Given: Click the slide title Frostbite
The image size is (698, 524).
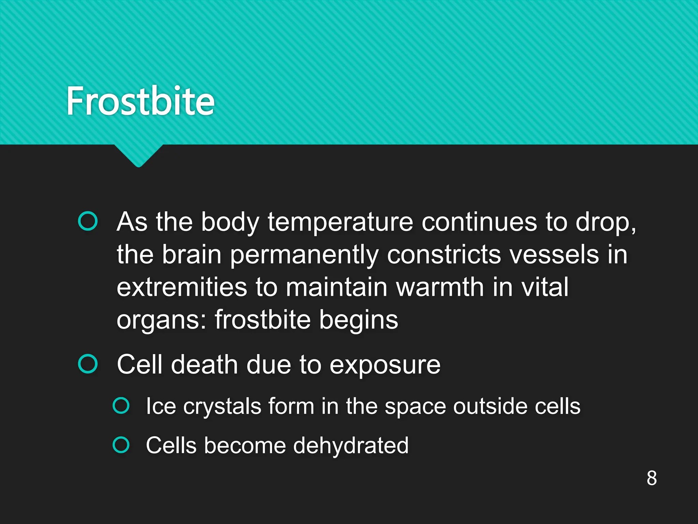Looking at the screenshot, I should pos(140,101).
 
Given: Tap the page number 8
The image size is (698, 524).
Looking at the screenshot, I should pos(651,478).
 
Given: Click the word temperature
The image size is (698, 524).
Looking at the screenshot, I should pos(340,222).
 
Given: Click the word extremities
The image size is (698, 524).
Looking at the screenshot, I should pos(182,287).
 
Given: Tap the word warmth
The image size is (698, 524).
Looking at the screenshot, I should pos(440,287).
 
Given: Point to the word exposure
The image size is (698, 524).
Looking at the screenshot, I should pos(385,365).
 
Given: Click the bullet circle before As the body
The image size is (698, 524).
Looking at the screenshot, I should pos(88,221).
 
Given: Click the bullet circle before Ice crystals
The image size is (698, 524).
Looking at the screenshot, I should pos(121,405).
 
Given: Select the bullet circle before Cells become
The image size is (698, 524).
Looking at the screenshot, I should pos(121,445).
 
